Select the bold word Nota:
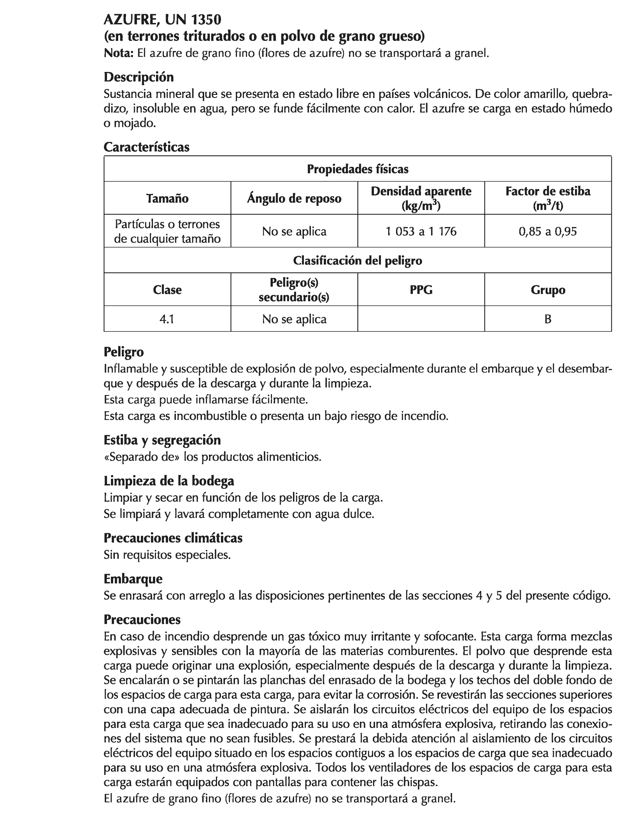(x=119, y=53)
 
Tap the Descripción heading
(x=139, y=77)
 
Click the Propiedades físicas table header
(x=357, y=169)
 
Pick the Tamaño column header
(x=167, y=199)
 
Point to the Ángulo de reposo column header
(x=294, y=199)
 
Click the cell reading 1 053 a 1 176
(x=421, y=232)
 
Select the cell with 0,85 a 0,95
(x=547, y=232)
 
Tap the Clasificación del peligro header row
(x=357, y=261)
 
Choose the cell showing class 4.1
(x=167, y=319)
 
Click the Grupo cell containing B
(x=548, y=319)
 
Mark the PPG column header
(x=421, y=290)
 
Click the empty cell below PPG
(x=421, y=319)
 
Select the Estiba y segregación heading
(x=162, y=440)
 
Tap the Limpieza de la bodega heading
(x=169, y=481)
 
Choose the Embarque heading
(x=133, y=579)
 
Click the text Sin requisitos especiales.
(x=167, y=555)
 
